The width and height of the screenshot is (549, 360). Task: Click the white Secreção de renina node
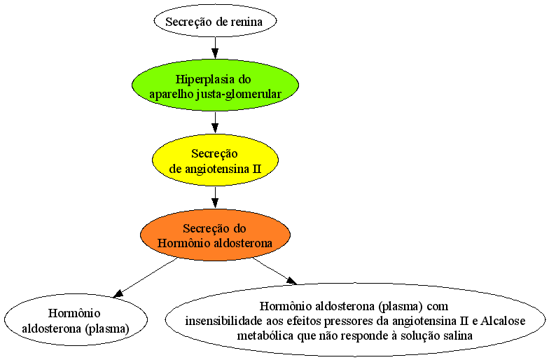215,21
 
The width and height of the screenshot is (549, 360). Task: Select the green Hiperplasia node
215,85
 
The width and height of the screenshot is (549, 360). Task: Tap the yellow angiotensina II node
215,160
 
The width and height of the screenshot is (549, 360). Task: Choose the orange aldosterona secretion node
215,235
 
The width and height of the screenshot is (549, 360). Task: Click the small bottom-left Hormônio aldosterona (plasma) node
76,319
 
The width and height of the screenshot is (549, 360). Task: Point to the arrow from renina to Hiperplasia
215,48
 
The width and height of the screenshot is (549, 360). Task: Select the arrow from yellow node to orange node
215,198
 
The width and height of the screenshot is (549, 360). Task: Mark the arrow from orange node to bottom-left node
145,278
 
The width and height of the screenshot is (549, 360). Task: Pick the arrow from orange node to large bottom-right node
274,271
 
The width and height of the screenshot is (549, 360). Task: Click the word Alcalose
503,321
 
